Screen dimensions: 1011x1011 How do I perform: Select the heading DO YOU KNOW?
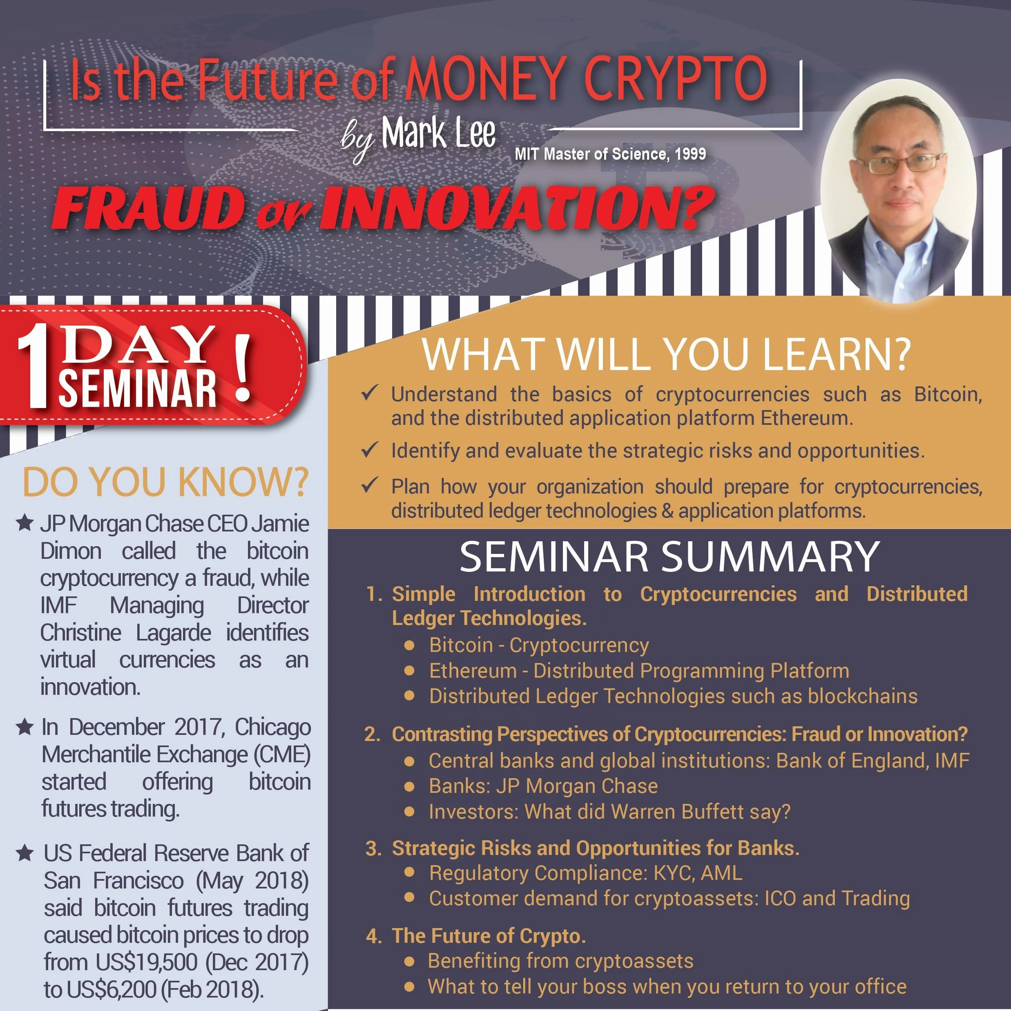[165, 482]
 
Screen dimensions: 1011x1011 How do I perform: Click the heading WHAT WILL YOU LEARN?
[666, 354]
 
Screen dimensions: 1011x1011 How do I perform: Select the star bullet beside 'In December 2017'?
[25, 726]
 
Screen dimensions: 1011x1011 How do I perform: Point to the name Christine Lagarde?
[125, 633]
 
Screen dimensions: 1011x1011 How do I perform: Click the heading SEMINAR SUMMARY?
[669, 556]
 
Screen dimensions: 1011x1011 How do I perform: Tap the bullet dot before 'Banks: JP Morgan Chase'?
[410, 786]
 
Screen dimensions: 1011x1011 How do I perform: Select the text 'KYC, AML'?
[698, 873]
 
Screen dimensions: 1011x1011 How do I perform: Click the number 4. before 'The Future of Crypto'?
[374, 936]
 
